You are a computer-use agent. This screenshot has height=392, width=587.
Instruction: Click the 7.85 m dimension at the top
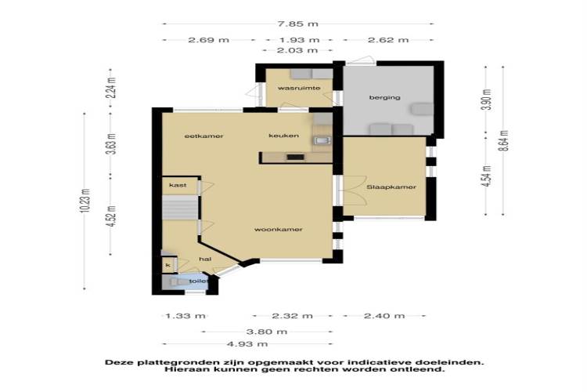[x=298, y=24]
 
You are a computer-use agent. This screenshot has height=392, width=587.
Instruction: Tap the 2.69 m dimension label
[x=208, y=40]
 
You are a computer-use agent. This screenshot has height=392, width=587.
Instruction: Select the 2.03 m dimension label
[x=297, y=50]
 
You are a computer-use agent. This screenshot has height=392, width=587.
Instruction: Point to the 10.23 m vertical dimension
[x=85, y=201]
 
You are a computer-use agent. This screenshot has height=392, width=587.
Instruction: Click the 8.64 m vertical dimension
[x=504, y=140]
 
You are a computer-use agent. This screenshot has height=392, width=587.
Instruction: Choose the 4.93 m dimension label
[x=247, y=344]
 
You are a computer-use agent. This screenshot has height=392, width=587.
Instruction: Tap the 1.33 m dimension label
[x=185, y=316]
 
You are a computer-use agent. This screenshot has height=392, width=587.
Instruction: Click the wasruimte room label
[x=299, y=88]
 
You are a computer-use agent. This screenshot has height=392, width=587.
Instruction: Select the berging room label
[x=385, y=97]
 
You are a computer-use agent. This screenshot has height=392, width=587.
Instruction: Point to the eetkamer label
[x=204, y=136]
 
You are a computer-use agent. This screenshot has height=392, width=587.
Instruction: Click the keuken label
[x=284, y=136]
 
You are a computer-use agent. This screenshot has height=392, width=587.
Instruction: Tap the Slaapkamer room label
[x=391, y=187]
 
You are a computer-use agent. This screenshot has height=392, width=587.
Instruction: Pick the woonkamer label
[x=278, y=229]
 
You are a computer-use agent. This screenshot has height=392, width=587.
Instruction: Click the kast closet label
[x=178, y=185]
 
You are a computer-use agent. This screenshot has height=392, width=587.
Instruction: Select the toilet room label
[x=199, y=281]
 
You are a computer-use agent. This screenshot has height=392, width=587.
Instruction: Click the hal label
[x=205, y=259]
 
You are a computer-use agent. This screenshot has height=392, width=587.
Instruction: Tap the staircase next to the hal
[x=180, y=207]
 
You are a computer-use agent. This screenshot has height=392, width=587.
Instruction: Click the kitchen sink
[x=322, y=140]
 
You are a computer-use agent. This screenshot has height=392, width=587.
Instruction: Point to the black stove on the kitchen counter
[x=295, y=157]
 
